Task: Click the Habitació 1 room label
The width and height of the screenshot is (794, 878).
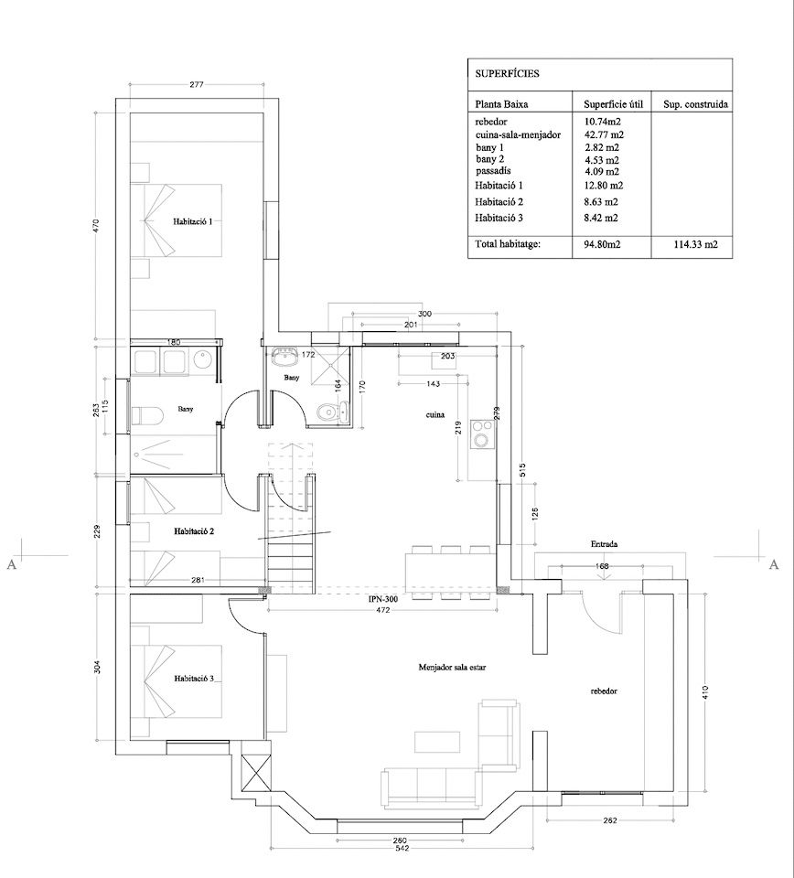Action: [x=193, y=221]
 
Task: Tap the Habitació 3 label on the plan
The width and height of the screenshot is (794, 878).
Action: [x=194, y=679]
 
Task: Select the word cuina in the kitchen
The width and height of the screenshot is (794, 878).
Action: [x=435, y=415]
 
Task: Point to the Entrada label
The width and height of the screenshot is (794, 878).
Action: [x=604, y=543]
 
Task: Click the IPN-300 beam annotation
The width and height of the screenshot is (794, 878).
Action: [x=383, y=599]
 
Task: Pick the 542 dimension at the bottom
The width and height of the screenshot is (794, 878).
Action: [x=402, y=849]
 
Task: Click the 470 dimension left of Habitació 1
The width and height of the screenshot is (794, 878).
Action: [x=96, y=225]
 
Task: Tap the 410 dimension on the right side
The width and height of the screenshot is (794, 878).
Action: [x=704, y=692]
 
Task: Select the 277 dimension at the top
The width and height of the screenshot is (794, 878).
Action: [x=196, y=84]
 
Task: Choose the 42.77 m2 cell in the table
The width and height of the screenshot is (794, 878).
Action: [x=604, y=134]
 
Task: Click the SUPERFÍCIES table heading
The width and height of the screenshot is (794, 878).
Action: [x=508, y=73]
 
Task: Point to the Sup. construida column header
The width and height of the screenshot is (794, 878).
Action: [x=695, y=104]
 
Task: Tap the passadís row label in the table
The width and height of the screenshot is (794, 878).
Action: [x=493, y=171]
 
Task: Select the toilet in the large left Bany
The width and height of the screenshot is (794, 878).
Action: [x=146, y=415]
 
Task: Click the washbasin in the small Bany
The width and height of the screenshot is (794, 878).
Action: [x=286, y=356]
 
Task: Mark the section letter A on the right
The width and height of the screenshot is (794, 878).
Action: [x=774, y=564]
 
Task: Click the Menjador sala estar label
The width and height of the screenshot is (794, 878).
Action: [x=452, y=668]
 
